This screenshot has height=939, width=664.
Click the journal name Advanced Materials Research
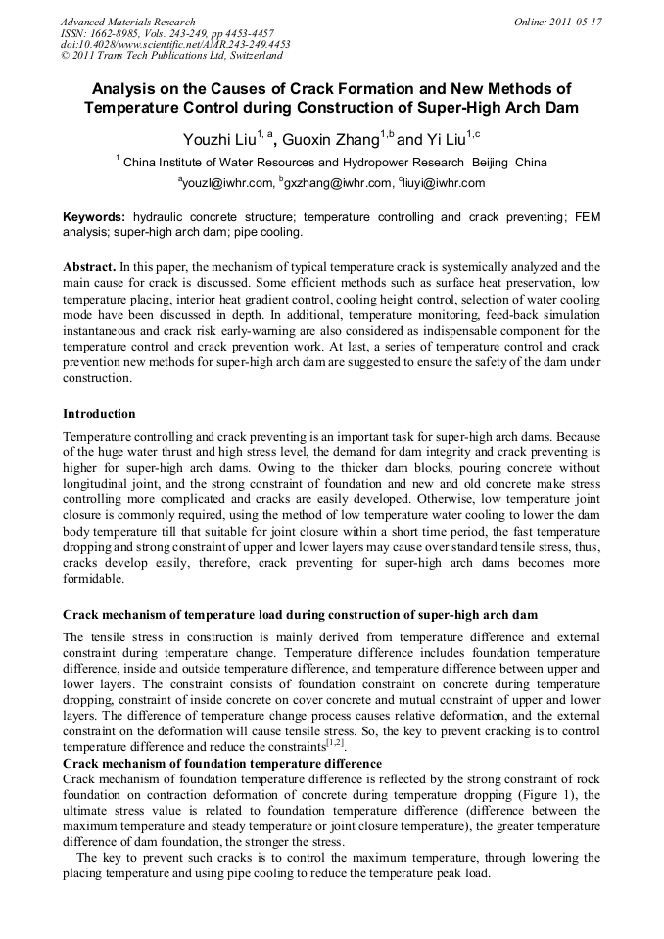click(127, 21)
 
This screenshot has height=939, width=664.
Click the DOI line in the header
click(175, 44)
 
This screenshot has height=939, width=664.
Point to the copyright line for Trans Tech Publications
click(171, 56)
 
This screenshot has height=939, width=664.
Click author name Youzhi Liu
click(218, 140)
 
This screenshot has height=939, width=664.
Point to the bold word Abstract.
click(89, 266)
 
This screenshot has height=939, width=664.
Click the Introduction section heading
click(99, 414)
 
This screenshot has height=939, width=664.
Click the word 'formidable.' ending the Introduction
click(94, 579)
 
